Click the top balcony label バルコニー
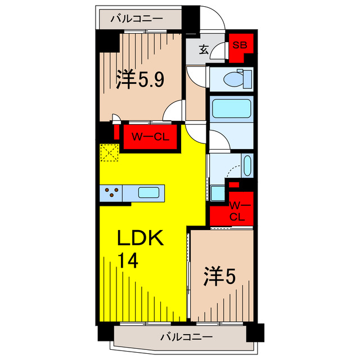coord(137,19)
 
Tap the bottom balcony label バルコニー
coord(186,337)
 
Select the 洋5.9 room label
coord(140,79)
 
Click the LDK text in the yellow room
coord(140,238)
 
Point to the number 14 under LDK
coord(128,260)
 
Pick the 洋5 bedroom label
coord(220,276)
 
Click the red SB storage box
coord(241,48)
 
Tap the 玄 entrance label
coord(204,50)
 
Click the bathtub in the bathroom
coord(231,109)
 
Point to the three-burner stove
coord(111,193)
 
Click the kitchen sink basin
coord(148,192)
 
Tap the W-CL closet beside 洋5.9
coord(150,137)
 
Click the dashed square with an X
coord(109,152)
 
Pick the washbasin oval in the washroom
coord(247,165)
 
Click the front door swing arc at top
coord(216,14)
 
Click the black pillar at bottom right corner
coord(255,332)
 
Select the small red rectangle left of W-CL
coord(116,132)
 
